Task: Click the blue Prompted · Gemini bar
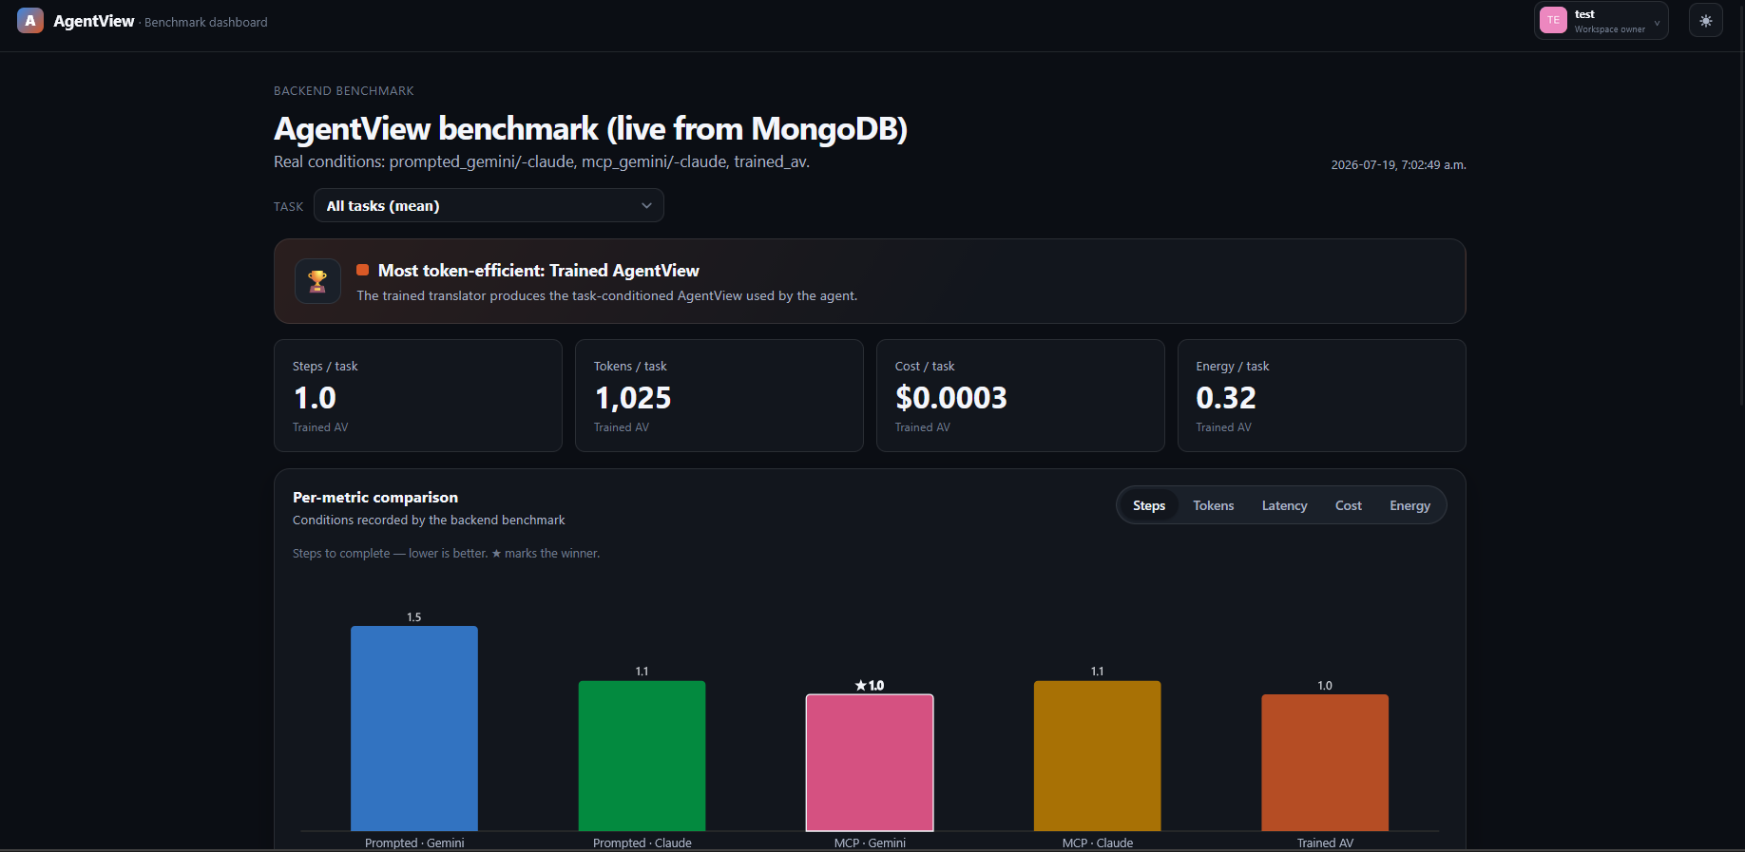coord(414,729)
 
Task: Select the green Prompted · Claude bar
coord(642,756)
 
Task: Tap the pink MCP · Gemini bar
coord(870,763)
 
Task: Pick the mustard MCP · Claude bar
coord(1098,756)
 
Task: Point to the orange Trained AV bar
coord(1325,763)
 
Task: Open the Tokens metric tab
coord(1214,505)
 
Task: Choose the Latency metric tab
coord(1284,505)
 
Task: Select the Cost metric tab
coord(1349,505)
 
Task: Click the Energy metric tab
coord(1409,505)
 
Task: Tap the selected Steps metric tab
coord(1149,505)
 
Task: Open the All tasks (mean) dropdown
coord(489,205)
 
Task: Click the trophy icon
coord(317,281)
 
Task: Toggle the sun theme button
coord(1706,21)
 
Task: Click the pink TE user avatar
coord(1553,20)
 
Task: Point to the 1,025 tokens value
coord(633,398)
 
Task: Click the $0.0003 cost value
coord(951,398)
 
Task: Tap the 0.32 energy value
coord(1226,398)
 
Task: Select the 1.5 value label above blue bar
coord(414,617)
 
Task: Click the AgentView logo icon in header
coord(30,21)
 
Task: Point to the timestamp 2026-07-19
coord(1363,165)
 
